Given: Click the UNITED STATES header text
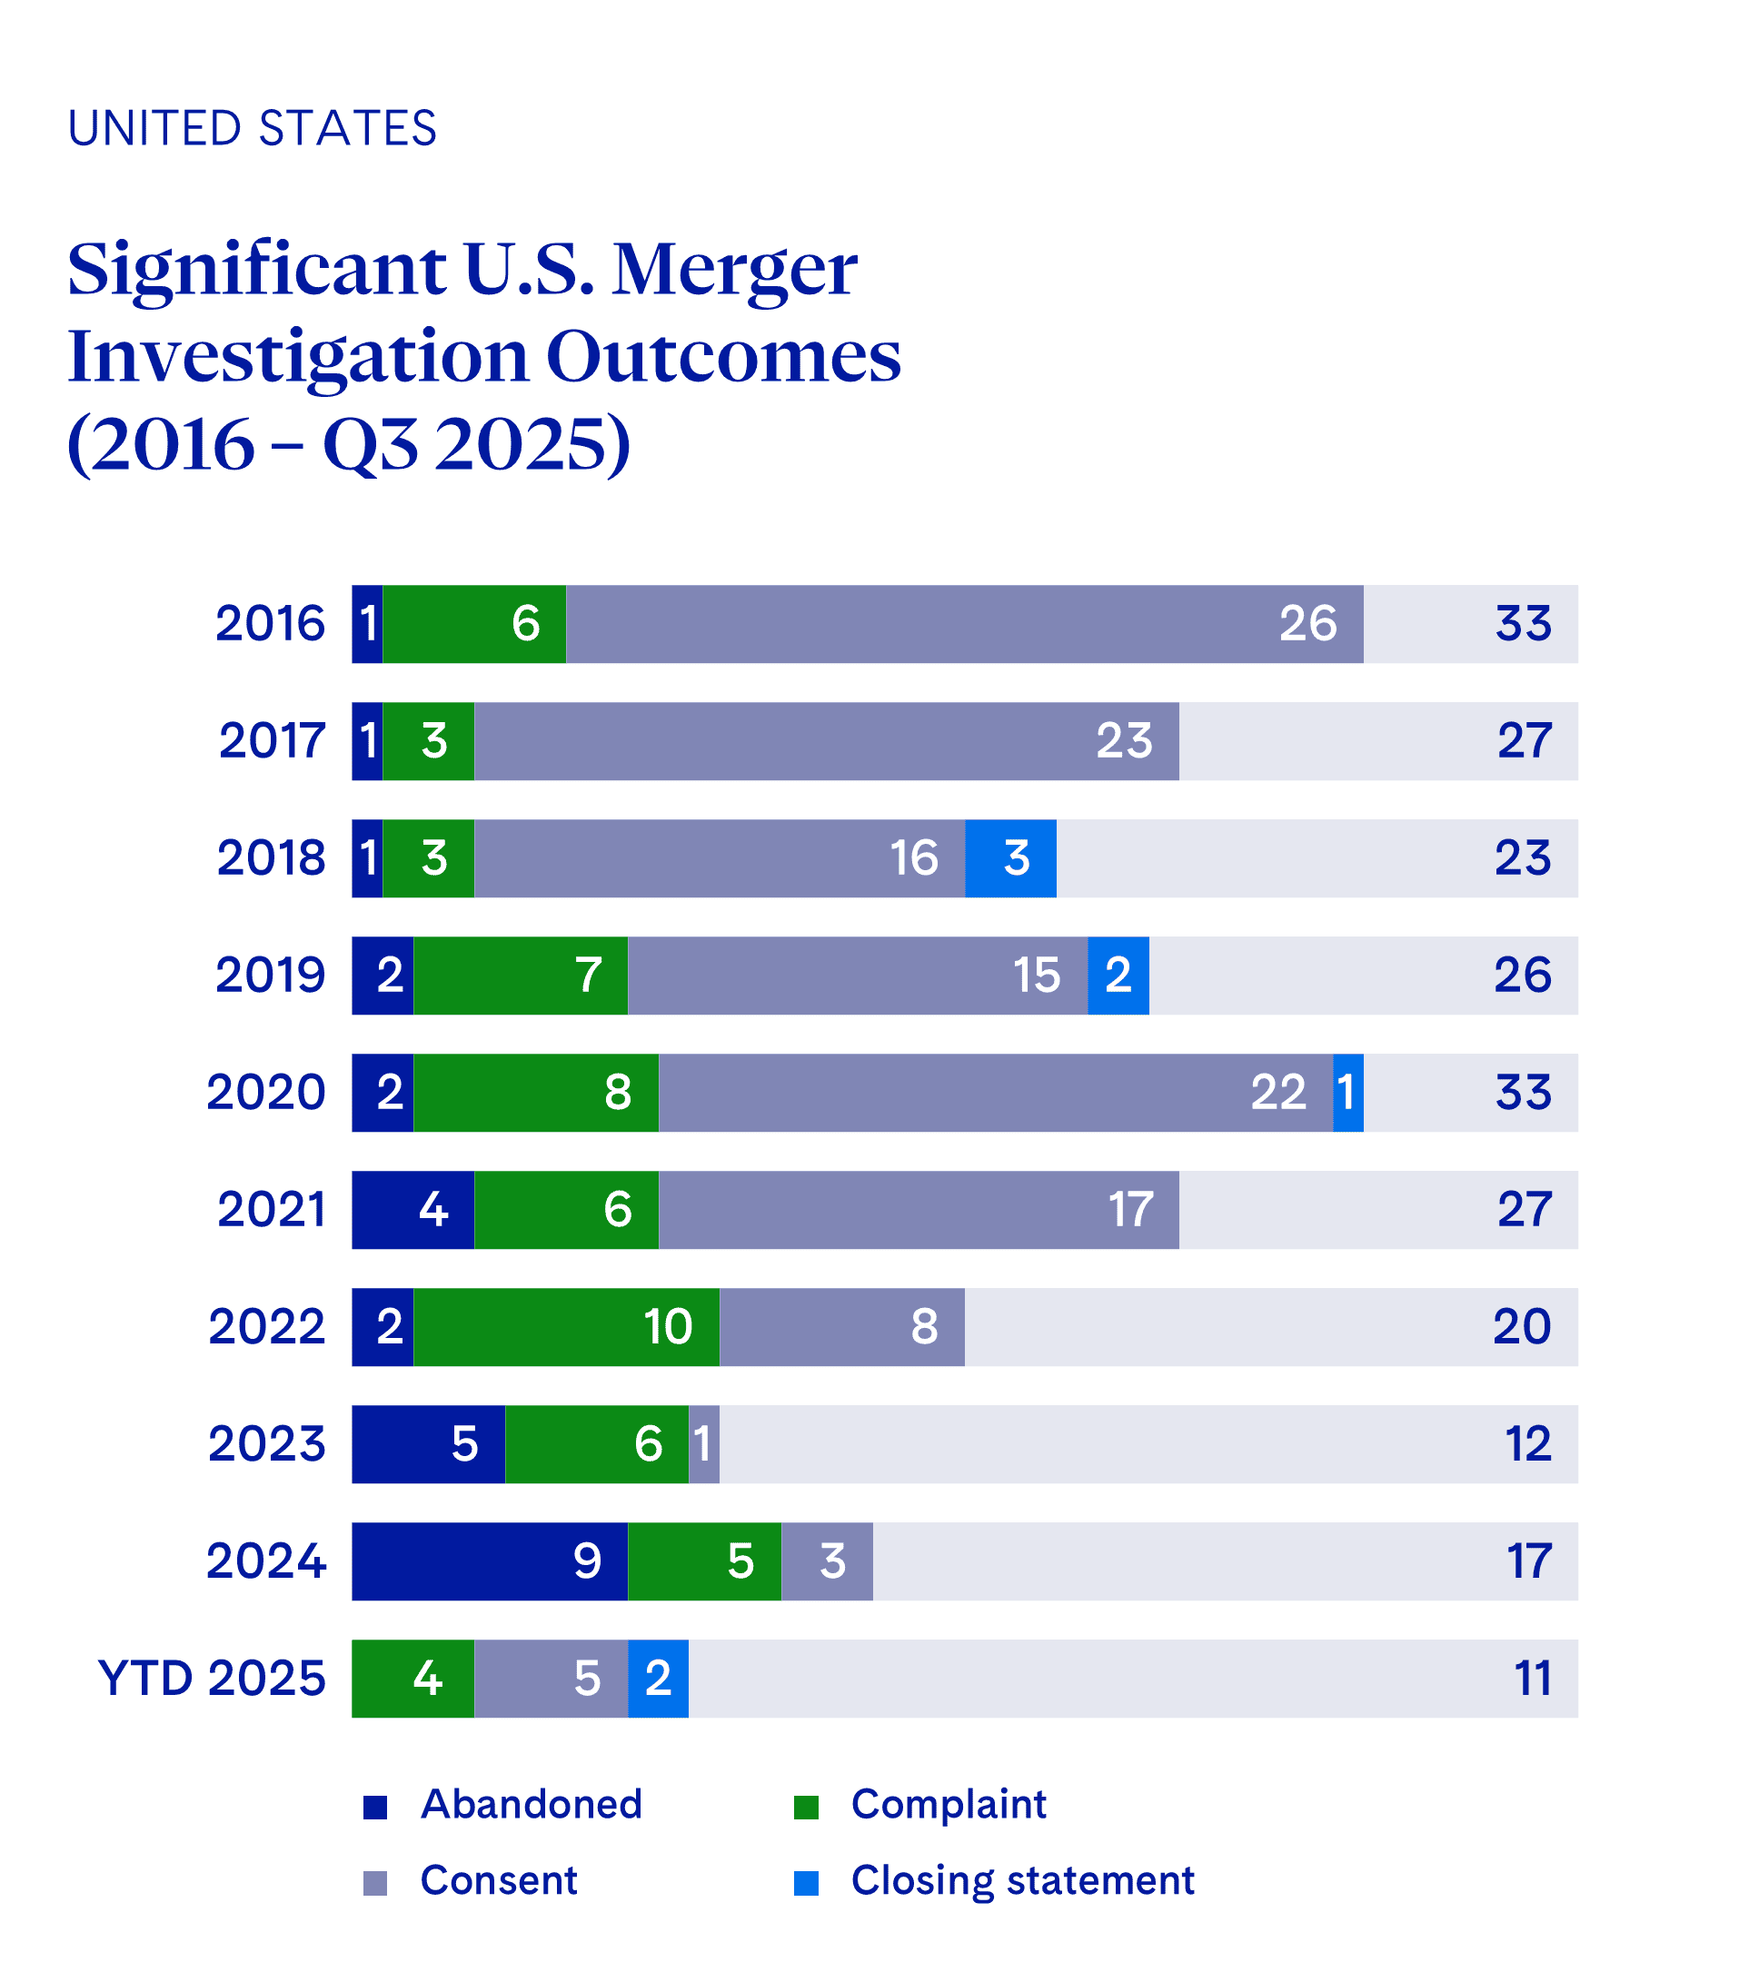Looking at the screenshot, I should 253,128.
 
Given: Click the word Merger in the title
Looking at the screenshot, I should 734,269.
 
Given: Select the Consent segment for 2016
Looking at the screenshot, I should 964,624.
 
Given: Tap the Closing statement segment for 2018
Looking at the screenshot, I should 1010,857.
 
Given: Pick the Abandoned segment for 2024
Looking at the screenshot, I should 489,1561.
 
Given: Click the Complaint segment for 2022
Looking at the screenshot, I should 566,1326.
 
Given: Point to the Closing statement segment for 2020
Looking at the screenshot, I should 1347,1093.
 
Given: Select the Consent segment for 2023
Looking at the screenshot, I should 703,1444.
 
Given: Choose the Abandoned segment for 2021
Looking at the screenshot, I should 412,1210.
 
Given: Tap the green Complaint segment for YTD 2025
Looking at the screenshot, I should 412,1678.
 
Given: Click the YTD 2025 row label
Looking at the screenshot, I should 212,1678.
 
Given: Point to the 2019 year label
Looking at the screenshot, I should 270,975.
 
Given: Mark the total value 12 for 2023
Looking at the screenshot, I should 1527,1444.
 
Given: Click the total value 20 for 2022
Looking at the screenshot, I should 1521,1326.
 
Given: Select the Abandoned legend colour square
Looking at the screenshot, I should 375,1807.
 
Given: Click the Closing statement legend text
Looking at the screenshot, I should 1021,1880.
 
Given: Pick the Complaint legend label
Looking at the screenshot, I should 949,1805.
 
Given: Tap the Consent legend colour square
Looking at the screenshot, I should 375,1883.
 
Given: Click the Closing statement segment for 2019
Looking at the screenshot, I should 1118,975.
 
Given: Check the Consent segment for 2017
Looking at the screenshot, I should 826,741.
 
